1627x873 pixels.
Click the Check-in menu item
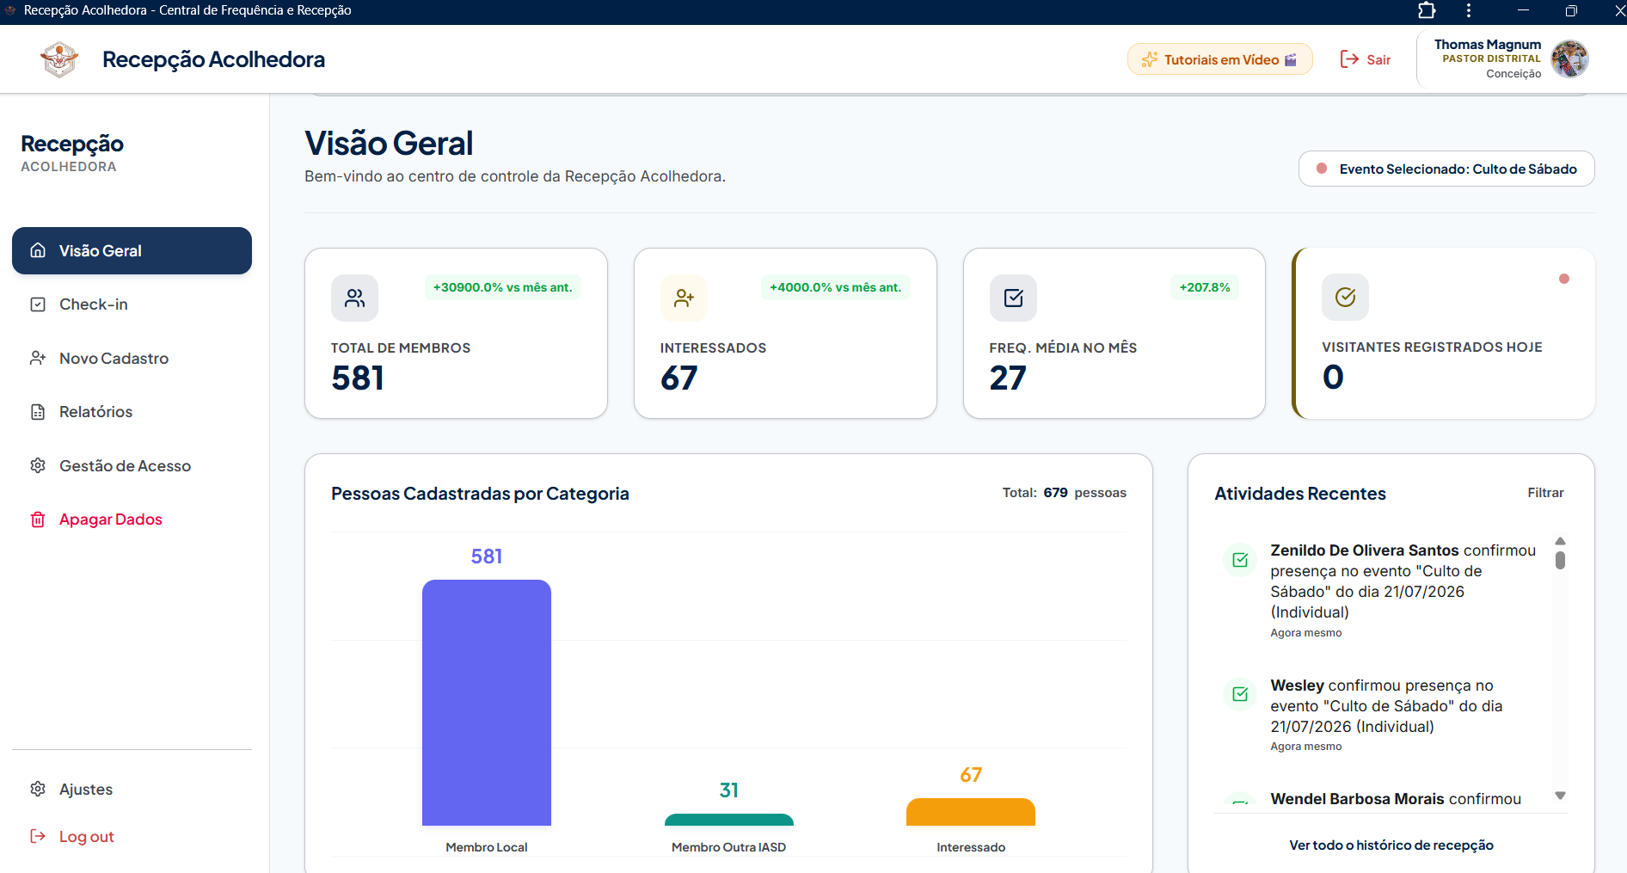[x=93, y=304]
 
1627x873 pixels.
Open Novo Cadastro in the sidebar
[x=114, y=358]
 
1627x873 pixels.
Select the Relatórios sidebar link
[x=95, y=412]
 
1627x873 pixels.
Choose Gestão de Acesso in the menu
[x=125, y=465]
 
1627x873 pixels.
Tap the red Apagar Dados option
[x=110, y=519]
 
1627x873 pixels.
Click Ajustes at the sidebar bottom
[x=85, y=790]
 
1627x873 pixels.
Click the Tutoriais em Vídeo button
[x=1219, y=59]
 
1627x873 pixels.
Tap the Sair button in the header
[x=1366, y=59]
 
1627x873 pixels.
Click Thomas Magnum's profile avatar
[x=1569, y=59]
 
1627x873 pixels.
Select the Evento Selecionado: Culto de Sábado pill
[x=1446, y=169]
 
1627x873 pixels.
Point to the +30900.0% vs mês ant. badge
[x=503, y=287]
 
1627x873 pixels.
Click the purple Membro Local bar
[x=487, y=703]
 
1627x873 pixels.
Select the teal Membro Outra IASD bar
[x=729, y=820]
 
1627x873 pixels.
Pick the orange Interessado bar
[x=971, y=812]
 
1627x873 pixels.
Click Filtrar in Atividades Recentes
[x=1545, y=493]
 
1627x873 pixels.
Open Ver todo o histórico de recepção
[x=1391, y=845]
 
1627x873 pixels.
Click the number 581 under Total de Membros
[x=358, y=378]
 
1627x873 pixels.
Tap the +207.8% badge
[x=1205, y=287]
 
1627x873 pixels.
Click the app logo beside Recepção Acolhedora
[x=59, y=59]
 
